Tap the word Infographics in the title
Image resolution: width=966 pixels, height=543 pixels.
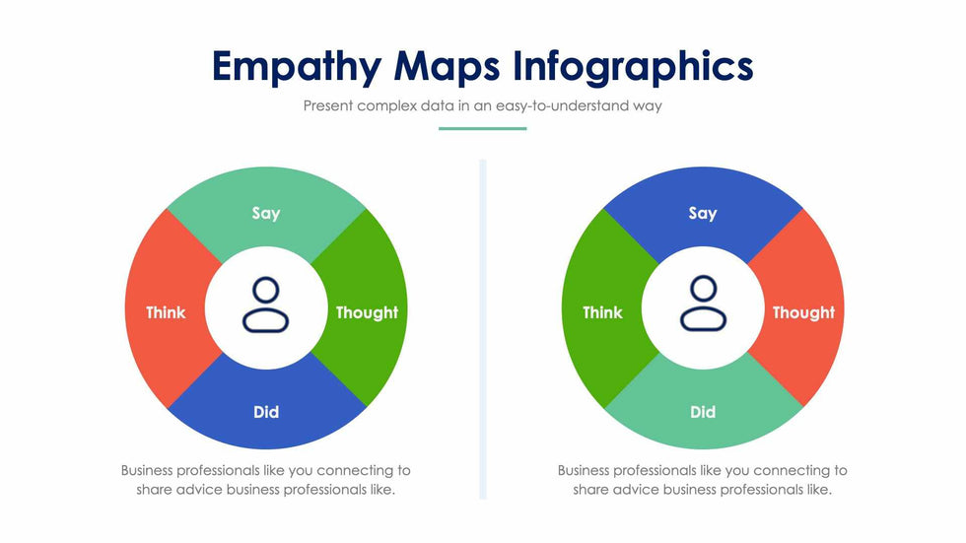click(634, 66)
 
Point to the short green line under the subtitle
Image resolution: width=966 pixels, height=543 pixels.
click(482, 128)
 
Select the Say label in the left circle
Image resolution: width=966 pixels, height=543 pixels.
click(266, 213)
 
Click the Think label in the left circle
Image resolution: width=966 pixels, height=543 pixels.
click(166, 312)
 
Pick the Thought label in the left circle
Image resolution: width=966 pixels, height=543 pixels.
click(367, 312)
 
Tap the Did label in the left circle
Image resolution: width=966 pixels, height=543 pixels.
click(266, 412)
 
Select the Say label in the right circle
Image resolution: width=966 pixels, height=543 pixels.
click(703, 213)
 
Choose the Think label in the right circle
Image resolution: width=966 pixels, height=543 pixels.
click(602, 312)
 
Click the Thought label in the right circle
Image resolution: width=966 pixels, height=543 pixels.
click(803, 312)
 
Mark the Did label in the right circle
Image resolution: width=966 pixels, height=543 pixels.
click(703, 412)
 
